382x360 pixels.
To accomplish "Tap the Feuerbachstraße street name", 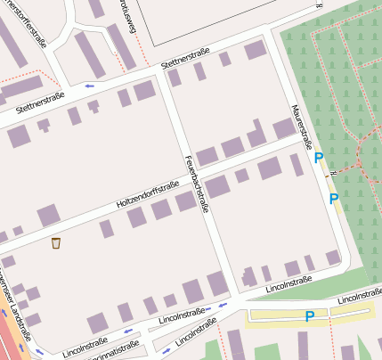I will coord(195,183).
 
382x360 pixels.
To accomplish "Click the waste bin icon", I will coord(56,242).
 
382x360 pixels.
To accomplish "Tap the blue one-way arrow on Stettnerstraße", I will coord(89,86).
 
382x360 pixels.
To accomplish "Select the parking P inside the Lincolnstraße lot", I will coord(310,316).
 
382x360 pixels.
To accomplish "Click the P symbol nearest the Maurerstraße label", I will coord(319,158).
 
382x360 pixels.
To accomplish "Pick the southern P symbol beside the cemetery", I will coord(334,199).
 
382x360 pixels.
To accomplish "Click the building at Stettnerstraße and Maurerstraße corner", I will coord(256,50).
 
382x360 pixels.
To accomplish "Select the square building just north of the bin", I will coord(48,215).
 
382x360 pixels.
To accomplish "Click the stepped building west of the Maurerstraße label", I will coord(256,136).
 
